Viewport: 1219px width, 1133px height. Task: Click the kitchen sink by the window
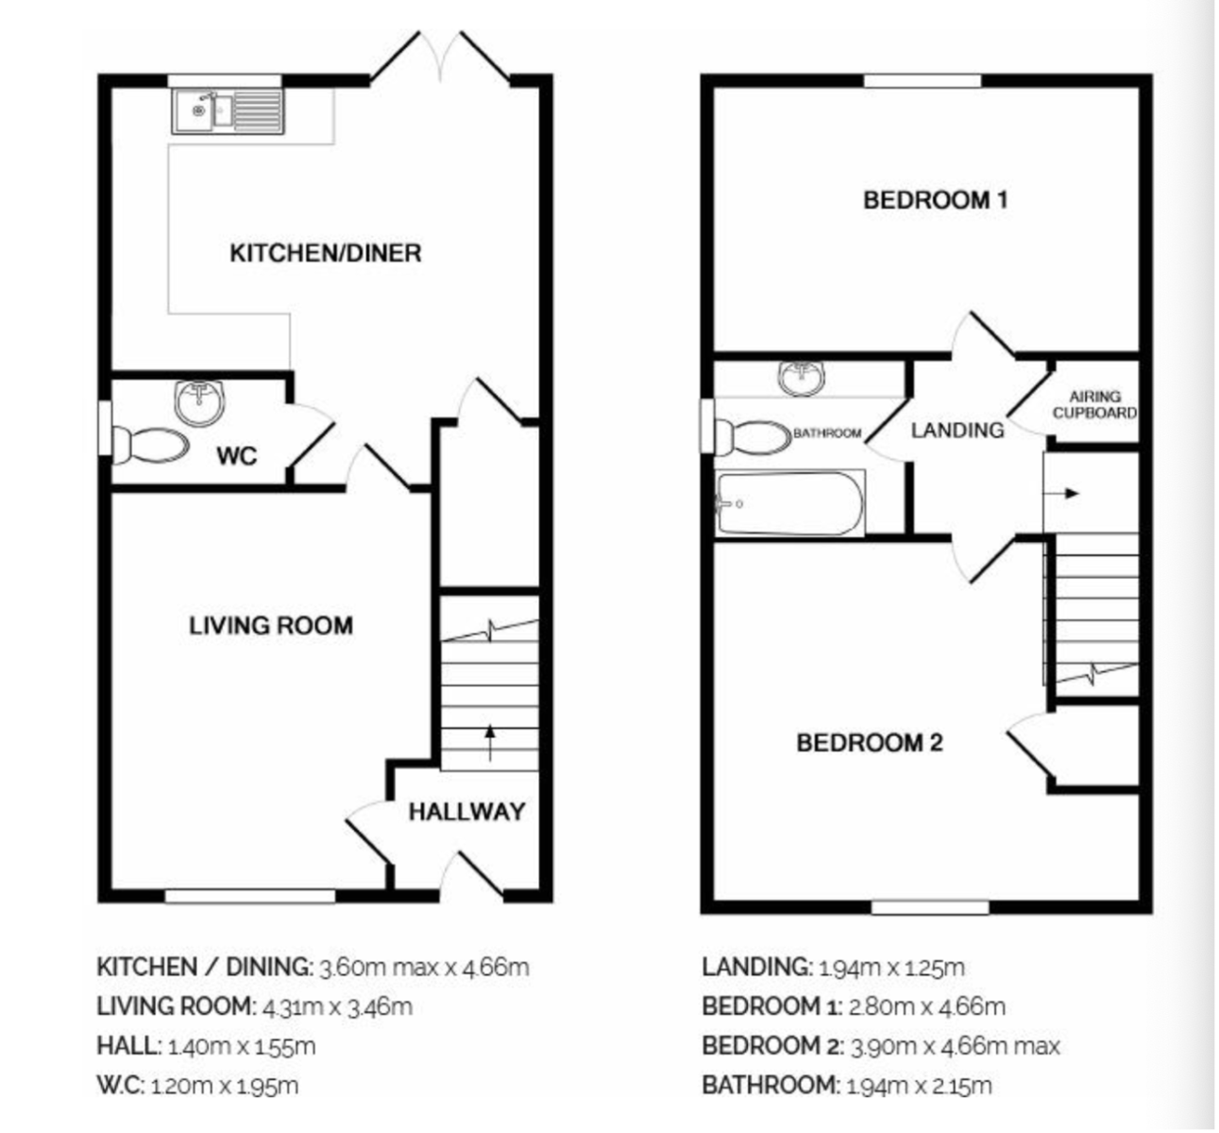[x=229, y=111]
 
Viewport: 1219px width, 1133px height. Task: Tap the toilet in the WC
[x=150, y=446]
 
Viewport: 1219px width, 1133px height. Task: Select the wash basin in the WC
[x=200, y=402]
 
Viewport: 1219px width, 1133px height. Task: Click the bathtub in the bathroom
[x=790, y=503]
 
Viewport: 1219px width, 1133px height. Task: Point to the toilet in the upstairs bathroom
[x=753, y=437]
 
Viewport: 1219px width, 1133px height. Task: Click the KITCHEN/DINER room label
[x=326, y=253]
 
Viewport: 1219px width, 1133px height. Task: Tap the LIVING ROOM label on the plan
[x=271, y=625]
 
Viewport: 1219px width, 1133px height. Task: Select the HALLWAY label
[x=467, y=812]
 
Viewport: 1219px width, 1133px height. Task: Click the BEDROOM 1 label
[x=936, y=200]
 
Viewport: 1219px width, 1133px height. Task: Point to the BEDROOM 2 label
[x=869, y=743]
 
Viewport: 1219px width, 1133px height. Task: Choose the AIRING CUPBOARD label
[x=1094, y=404]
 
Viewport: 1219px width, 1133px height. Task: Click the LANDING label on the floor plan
[x=957, y=431]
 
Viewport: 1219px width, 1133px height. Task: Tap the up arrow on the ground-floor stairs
[x=490, y=743]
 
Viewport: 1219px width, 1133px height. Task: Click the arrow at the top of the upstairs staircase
[x=1061, y=493]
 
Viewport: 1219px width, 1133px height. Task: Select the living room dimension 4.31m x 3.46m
[x=337, y=1007]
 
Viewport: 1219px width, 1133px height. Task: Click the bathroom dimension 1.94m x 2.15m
[x=919, y=1086]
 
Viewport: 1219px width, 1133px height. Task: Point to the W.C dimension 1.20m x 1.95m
[x=224, y=1086]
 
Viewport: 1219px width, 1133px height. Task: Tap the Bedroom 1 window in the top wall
[x=923, y=80]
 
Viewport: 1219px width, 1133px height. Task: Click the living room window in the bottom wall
[x=250, y=897]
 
